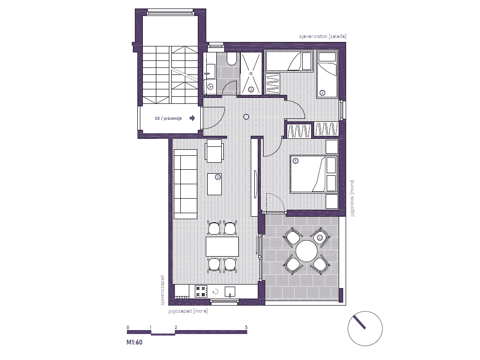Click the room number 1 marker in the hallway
pyautogui.click(x=246, y=117)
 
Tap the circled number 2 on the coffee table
pyautogui.click(x=218, y=177)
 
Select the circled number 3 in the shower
pyautogui.click(x=251, y=90)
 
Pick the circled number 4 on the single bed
pyautogui.click(x=322, y=93)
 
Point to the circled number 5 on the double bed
pyautogui.click(x=295, y=161)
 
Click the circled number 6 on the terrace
pyautogui.click(x=320, y=238)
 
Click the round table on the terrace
pyautogui.click(x=306, y=251)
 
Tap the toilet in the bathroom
pyautogui.click(x=232, y=58)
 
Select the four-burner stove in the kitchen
pyautogui.click(x=201, y=292)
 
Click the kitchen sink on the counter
pyautogui.click(x=230, y=292)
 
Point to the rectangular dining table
pyautogui.click(x=222, y=247)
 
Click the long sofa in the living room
pyautogui.click(x=185, y=184)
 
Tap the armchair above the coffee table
pyautogui.click(x=214, y=151)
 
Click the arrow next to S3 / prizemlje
pyautogui.click(x=192, y=118)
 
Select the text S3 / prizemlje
pyautogui.click(x=168, y=118)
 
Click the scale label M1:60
pyautogui.click(x=134, y=342)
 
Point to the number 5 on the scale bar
pyautogui.click(x=246, y=327)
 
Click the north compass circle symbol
pyautogui.click(x=365, y=329)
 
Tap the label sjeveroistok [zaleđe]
pyautogui.click(x=323, y=36)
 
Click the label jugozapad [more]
pyautogui.click(x=188, y=311)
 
